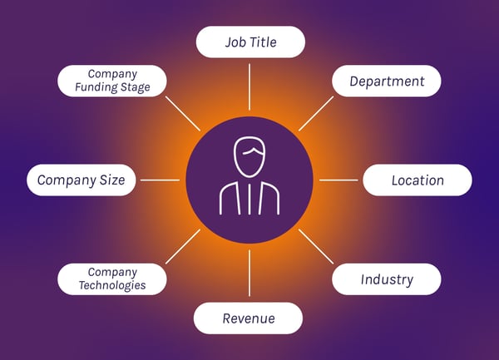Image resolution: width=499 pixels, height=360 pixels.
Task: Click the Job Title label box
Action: click(x=250, y=42)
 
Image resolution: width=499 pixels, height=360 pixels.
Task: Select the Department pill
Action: click(x=387, y=81)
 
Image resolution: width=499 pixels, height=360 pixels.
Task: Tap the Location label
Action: click(x=417, y=180)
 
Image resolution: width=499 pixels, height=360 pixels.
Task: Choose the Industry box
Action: click(x=387, y=279)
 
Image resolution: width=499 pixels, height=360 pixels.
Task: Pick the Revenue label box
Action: click(x=248, y=318)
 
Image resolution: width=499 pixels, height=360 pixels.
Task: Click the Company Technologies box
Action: click(x=112, y=279)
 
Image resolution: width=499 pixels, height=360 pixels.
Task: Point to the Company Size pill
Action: click(x=82, y=180)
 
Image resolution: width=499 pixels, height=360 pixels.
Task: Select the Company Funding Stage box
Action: click(x=112, y=81)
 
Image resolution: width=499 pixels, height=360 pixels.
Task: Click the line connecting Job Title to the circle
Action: click(x=249, y=86)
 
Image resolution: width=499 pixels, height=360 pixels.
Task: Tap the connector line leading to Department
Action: click(x=316, y=114)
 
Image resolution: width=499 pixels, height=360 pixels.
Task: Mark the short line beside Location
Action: click(x=338, y=180)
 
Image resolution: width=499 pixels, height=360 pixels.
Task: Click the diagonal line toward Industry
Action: click(x=316, y=246)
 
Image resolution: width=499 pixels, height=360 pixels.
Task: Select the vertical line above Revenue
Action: click(x=249, y=273)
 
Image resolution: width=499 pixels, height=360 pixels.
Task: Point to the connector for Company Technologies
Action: click(x=183, y=246)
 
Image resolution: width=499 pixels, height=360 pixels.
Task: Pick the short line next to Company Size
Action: click(x=160, y=180)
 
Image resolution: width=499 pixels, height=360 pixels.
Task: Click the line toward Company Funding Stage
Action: click(x=183, y=114)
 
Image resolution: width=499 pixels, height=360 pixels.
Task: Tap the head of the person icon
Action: click(x=249, y=156)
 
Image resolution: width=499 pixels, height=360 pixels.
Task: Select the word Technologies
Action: click(x=112, y=285)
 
